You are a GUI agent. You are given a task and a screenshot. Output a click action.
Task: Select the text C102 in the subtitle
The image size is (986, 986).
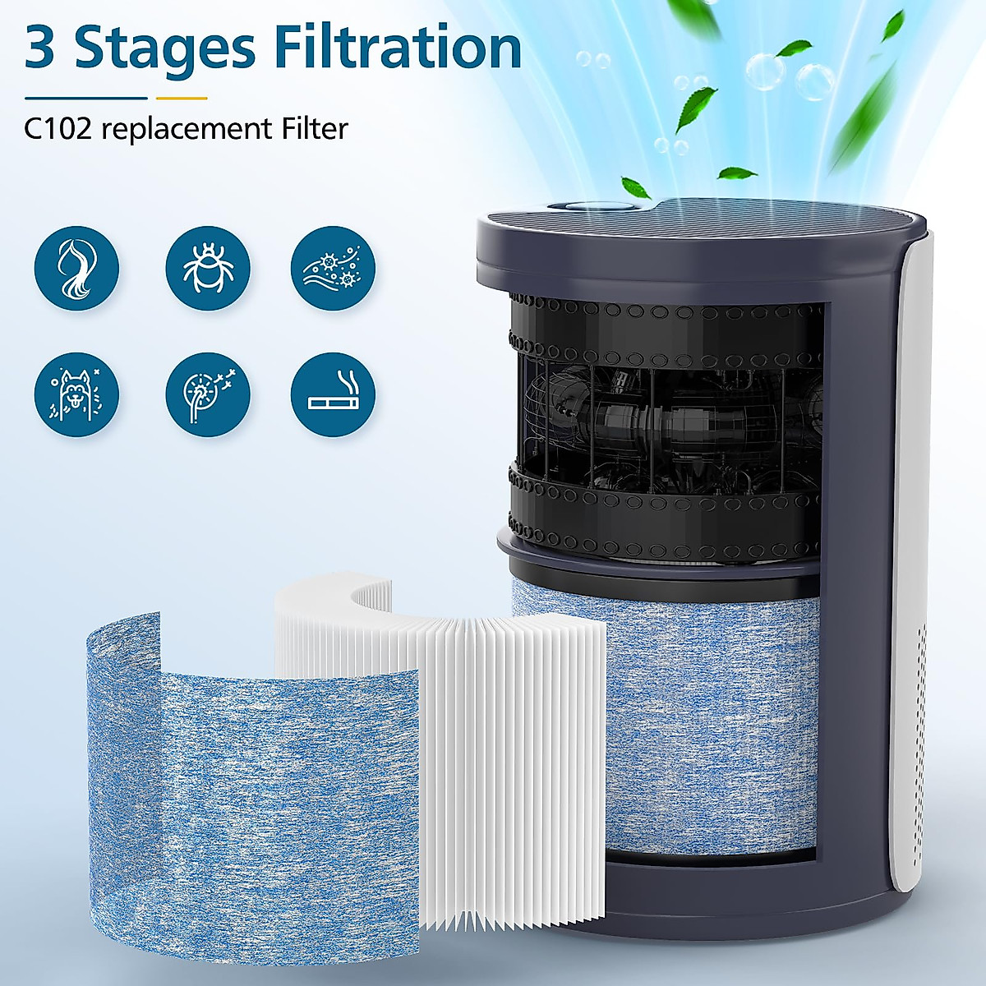(58, 129)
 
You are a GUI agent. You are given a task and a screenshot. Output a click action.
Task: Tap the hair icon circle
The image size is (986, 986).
(76, 269)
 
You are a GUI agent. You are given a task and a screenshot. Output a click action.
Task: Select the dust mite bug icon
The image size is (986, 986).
(208, 269)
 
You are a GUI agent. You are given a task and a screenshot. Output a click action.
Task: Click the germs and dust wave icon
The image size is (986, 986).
(333, 269)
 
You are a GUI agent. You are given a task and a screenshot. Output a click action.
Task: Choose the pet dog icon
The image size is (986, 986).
(76, 394)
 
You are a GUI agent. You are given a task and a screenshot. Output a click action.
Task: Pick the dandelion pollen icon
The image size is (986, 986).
(208, 394)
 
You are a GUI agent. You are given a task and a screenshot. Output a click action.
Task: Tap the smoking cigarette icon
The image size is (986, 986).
(333, 394)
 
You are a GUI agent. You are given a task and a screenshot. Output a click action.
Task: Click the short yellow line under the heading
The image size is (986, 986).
(182, 98)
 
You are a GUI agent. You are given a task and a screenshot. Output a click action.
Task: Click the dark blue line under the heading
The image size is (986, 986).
(85, 98)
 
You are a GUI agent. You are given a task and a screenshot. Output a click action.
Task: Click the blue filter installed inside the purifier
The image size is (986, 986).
(707, 723)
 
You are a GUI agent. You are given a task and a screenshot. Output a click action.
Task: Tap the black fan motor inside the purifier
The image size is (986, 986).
(666, 419)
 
